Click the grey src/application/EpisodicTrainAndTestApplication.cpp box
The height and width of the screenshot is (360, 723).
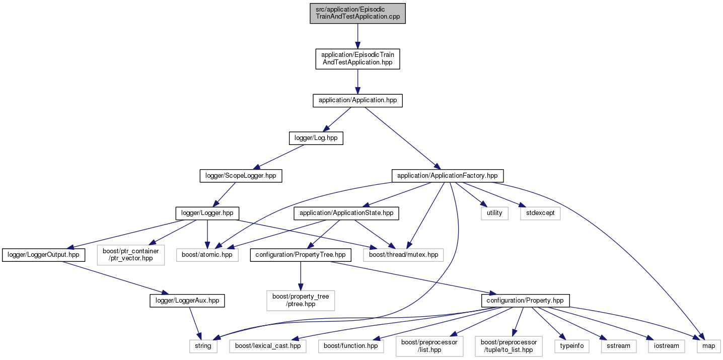(x=357, y=14)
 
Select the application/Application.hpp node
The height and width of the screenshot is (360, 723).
(x=357, y=100)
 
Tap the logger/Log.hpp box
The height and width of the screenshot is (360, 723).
(x=316, y=138)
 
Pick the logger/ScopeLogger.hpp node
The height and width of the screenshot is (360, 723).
(x=241, y=176)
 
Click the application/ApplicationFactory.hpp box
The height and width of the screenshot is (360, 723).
(x=448, y=176)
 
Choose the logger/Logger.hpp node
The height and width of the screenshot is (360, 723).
(x=207, y=213)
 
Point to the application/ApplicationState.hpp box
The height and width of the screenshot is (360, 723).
(x=346, y=213)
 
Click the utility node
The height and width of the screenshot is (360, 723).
(x=494, y=213)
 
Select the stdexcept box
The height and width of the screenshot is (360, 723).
(x=540, y=213)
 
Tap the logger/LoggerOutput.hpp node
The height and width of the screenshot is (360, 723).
(x=43, y=255)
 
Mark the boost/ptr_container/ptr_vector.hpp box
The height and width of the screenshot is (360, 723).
(x=131, y=255)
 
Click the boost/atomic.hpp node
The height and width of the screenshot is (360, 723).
(x=207, y=255)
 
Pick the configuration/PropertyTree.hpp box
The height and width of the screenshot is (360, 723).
(x=301, y=255)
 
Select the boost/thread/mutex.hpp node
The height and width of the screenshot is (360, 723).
(x=403, y=255)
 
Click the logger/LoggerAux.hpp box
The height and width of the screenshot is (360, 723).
(x=187, y=301)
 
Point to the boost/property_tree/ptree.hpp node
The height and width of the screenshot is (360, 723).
(x=301, y=301)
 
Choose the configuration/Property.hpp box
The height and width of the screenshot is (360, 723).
(x=525, y=301)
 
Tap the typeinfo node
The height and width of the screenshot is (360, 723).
(x=572, y=346)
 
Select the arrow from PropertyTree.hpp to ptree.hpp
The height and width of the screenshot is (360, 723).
(x=301, y=276)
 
